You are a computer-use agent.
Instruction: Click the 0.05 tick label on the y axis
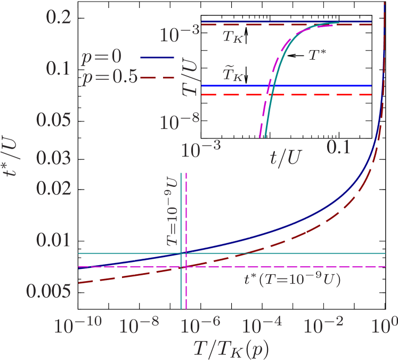[x=53, y=120]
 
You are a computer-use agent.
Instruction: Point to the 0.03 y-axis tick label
[x=53, y=158]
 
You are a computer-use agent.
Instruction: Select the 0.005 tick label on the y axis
[x=49, y=291]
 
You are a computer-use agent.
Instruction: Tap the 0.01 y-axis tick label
[x=53, y=240]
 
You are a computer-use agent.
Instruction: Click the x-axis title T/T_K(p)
[x=230, y=349]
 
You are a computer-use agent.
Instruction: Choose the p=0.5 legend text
[x=109, y=78]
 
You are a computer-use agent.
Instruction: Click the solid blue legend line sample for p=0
[x=157, y=57]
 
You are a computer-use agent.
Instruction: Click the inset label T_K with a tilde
[x=233, y=75]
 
